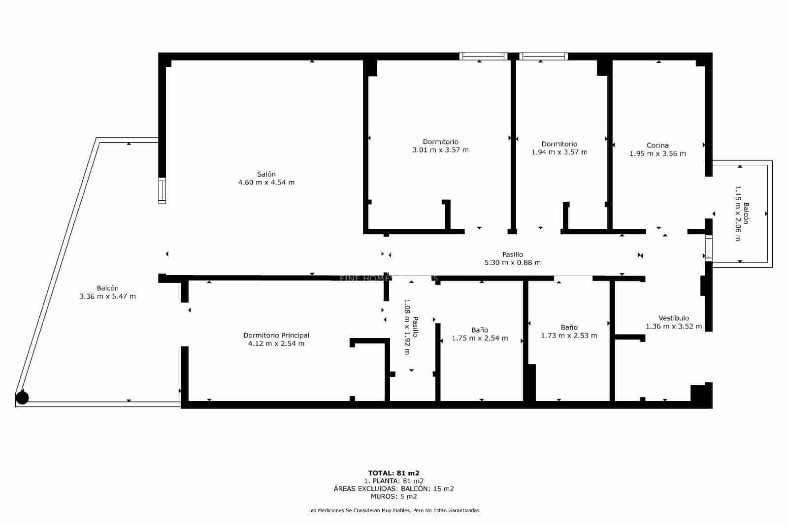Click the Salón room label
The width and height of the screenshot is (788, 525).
click(x=266, y=174)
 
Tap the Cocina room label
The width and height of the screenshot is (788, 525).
click(x=657, y=145)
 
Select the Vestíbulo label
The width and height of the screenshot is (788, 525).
click(x=674, y=318)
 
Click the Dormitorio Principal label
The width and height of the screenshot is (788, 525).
click(x=276, y=335)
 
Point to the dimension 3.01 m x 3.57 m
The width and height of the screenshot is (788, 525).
click(x=440, y=150)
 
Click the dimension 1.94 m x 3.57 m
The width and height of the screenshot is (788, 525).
click(x=559, y=152)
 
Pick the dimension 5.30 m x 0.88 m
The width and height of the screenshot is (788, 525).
click(x=512, y=263)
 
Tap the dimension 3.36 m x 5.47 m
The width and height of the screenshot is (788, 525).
click(x=107, y=296)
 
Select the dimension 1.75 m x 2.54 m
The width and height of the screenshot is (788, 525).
click(x=480, y=338)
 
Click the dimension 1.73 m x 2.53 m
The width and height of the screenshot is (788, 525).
click(x=569, y=336)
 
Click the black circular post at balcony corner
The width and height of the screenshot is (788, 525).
click(x=22, y=398)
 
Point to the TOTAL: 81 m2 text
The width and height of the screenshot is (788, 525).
click(x=394, y=473)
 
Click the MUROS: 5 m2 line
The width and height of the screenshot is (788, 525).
click(x=394, y=496)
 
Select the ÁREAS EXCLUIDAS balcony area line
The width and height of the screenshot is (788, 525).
click(x=394, y=489)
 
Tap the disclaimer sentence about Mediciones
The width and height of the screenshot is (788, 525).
click(x=394, y=511)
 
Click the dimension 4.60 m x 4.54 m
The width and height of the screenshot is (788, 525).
click(x=266, y=183)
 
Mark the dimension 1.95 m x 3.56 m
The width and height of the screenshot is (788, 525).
click(x=657, y=154)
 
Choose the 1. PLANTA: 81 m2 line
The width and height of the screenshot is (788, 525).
click(x=394, y=481)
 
